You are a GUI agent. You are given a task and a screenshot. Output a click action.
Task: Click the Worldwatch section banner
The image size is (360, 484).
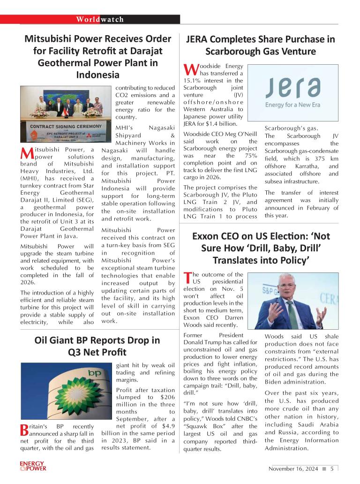point(100,19)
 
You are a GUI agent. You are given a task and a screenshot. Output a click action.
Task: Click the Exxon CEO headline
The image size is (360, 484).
point(261,248)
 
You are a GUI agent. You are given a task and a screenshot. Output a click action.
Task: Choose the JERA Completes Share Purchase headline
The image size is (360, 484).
point(261,45)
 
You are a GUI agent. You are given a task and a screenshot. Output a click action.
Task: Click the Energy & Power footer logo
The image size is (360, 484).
point(33,466)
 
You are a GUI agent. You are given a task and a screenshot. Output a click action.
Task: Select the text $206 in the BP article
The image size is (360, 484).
point(165,397)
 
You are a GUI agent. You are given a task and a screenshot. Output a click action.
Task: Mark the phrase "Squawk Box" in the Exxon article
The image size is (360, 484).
point(202,426)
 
